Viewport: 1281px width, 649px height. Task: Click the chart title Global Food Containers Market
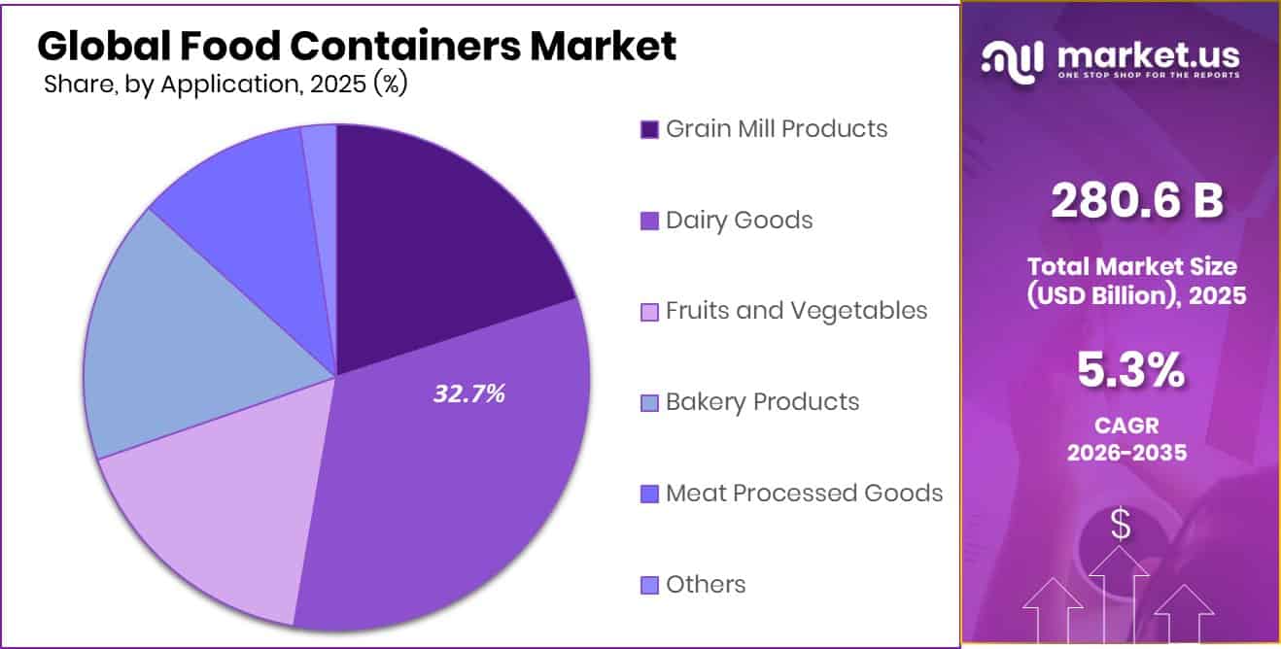point(356,47)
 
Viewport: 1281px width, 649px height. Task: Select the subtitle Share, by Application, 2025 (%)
point(225,85)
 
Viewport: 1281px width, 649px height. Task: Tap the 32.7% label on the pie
point(468,393)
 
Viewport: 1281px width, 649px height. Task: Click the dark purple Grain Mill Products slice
point(437,233)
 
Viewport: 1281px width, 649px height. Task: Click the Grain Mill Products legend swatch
point(649,129)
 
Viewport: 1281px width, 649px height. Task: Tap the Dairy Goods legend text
point(739,220)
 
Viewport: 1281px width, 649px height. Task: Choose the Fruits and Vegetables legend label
point(796,310)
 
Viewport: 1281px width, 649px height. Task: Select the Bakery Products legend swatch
point(649,402)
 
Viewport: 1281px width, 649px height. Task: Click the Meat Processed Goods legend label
point(804,493)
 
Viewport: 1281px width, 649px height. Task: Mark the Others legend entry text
point(706,584)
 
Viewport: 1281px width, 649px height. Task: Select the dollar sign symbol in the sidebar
point(1121,526)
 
